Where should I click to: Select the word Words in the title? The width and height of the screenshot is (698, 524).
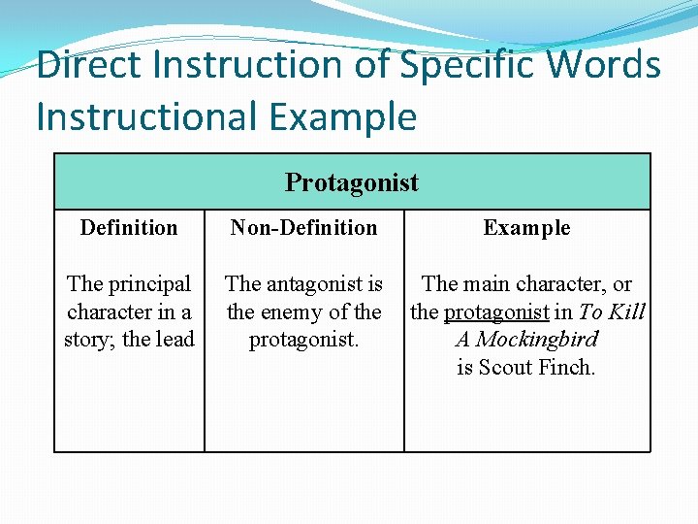coord(603,65)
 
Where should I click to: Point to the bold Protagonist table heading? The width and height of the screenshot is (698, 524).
coord(351,182)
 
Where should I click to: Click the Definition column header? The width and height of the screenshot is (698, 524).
coord(129,228)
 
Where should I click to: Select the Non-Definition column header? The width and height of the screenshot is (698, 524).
coord(303,228)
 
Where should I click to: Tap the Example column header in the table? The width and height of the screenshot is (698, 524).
coord(526,228)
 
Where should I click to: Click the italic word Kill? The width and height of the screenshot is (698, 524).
coord(626,311)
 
